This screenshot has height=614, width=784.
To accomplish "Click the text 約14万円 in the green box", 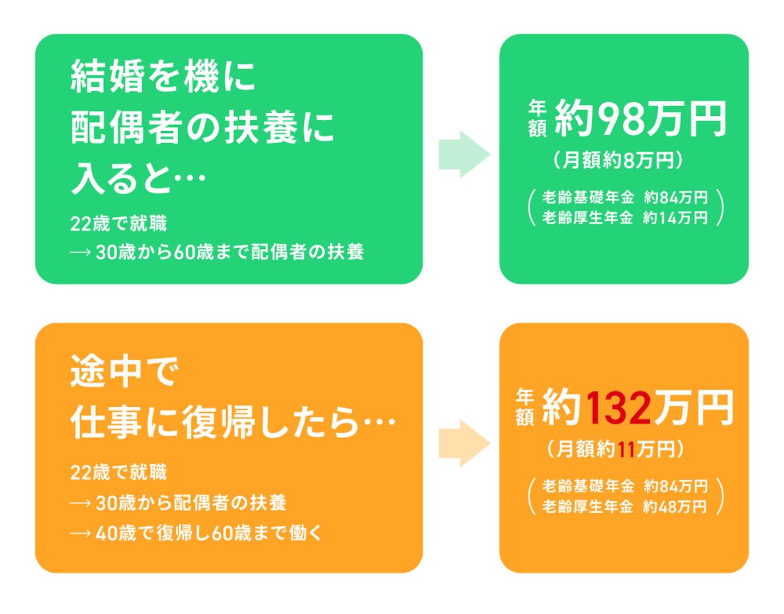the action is [675, 218].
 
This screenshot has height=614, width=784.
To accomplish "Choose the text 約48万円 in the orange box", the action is [675, 507].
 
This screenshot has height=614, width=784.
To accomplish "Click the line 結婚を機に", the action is [162, 78].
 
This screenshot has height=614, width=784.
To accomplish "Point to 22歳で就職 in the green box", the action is [118, 224].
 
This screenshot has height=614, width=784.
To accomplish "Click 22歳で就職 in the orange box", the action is [118, 472].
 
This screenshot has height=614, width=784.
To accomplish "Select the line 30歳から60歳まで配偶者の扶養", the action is [229, 252].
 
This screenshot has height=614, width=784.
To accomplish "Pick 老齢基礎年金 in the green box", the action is [587, 197].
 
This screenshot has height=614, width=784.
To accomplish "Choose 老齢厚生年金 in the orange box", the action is [587, 507].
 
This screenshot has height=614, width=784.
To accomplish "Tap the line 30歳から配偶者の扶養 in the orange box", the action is [190, 503].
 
